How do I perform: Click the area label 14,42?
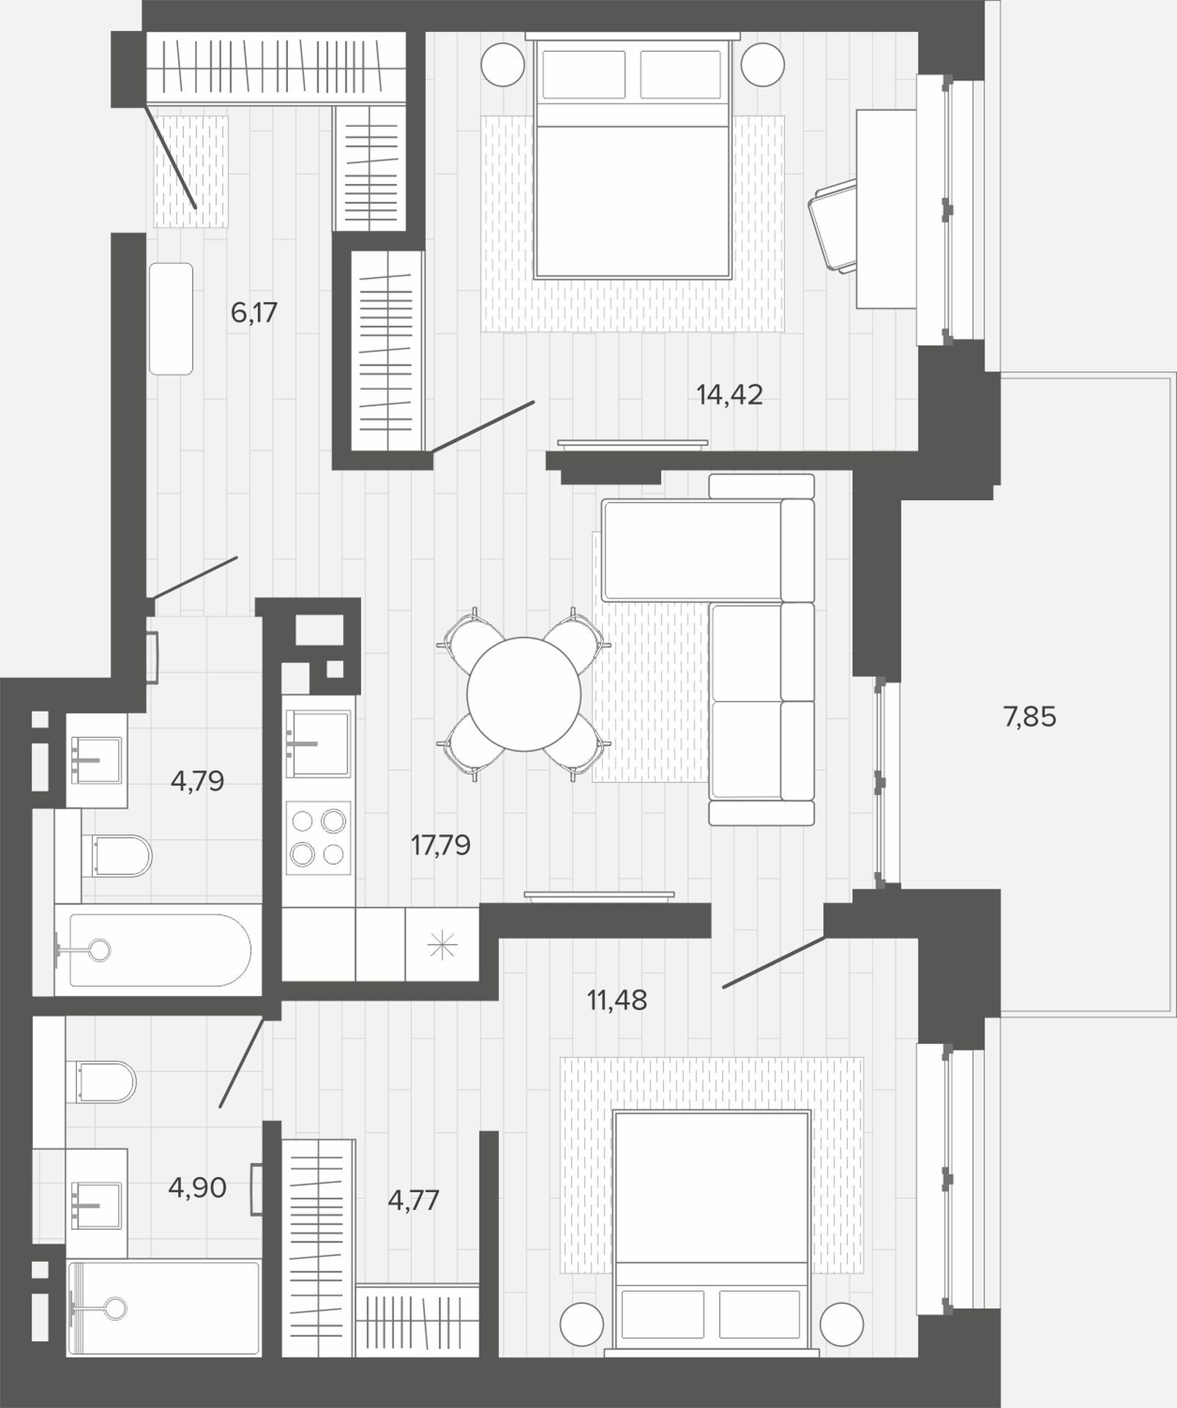pyautogui.click(x=729, y=395)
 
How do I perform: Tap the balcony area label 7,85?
pyautogui.click(x=1030, y=716)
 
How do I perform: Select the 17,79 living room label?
pyautogui.click(x=440, y=846)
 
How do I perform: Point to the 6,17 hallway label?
pyautogui.click(x=254, y=313)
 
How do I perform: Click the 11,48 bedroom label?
pyautogui.click(x=617, y=1000)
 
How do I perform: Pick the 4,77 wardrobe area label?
pyautogui.click(x=413, y=1201)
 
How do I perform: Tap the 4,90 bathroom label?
pyautogui.click(x=197, y=1188)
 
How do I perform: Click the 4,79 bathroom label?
pyautogui.click(x=197, y=781)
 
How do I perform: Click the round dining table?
pyautogui.click(x=524, y=694)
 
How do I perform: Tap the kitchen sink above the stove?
pyautogui.click(x=318, y=742)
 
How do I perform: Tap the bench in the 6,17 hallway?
pyautogui.click(x=171, y=319)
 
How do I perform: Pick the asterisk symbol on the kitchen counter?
pyautogui.click(x=442, y=945)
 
